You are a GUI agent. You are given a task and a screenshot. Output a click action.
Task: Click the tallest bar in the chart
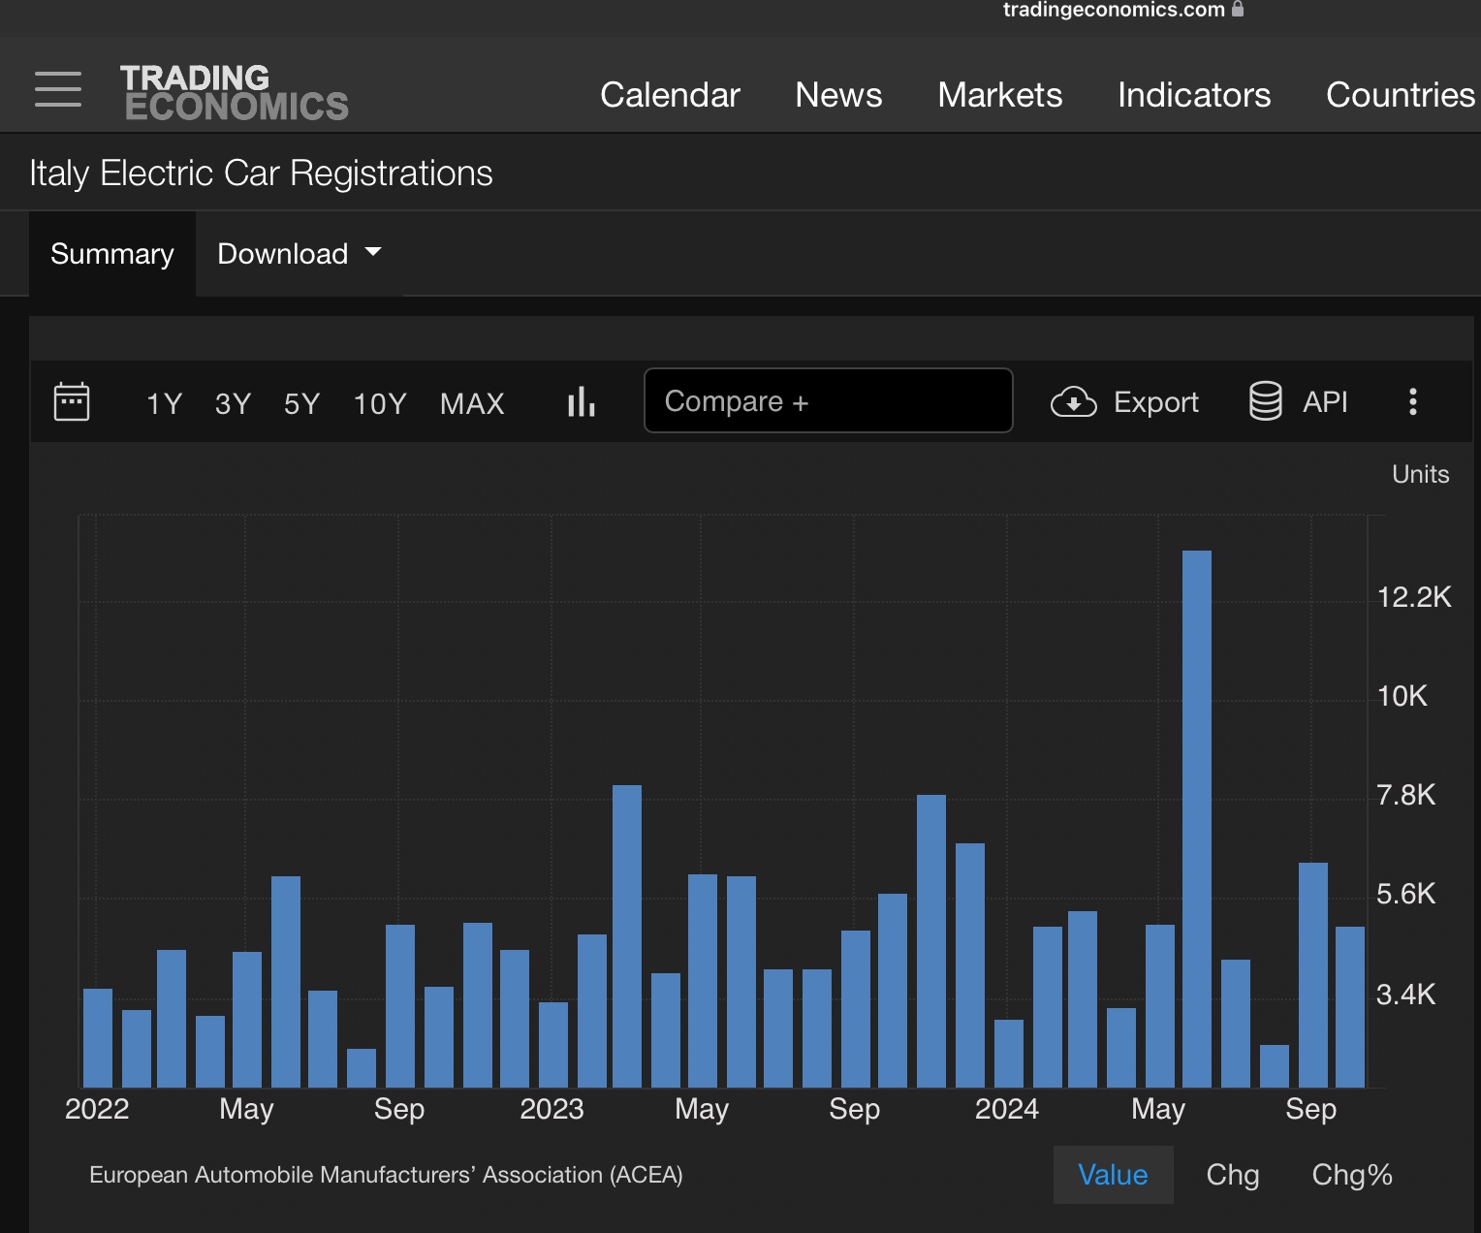1197,819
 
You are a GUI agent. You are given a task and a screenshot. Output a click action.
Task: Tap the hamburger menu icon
58,89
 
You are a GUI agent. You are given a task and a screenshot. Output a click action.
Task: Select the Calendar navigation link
670,95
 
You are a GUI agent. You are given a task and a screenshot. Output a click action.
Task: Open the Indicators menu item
1194,95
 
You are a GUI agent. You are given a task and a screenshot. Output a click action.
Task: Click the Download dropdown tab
299,253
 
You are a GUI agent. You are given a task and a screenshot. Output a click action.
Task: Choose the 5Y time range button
301,403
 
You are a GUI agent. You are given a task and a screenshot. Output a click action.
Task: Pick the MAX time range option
472,403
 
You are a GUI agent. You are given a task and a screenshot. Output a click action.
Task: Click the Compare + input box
828,401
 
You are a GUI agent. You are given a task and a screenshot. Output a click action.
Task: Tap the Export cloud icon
1073,401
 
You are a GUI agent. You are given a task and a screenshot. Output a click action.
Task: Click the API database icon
1265,401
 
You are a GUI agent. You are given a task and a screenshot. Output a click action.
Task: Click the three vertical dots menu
1413,401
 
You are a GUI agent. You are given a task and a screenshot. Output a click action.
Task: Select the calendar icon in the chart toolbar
72,401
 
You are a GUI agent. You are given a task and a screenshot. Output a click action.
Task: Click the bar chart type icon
581,401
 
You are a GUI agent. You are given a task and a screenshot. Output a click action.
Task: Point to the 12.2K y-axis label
1413,597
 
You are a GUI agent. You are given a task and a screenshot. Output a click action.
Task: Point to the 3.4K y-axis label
1405,994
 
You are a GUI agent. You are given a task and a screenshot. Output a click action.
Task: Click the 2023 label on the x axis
551,1109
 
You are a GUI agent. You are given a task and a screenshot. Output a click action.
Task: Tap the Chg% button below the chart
1351,1175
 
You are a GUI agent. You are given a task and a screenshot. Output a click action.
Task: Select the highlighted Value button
1113,1175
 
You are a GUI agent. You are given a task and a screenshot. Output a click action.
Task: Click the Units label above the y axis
1420,474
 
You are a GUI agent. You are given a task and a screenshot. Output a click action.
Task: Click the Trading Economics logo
235,92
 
